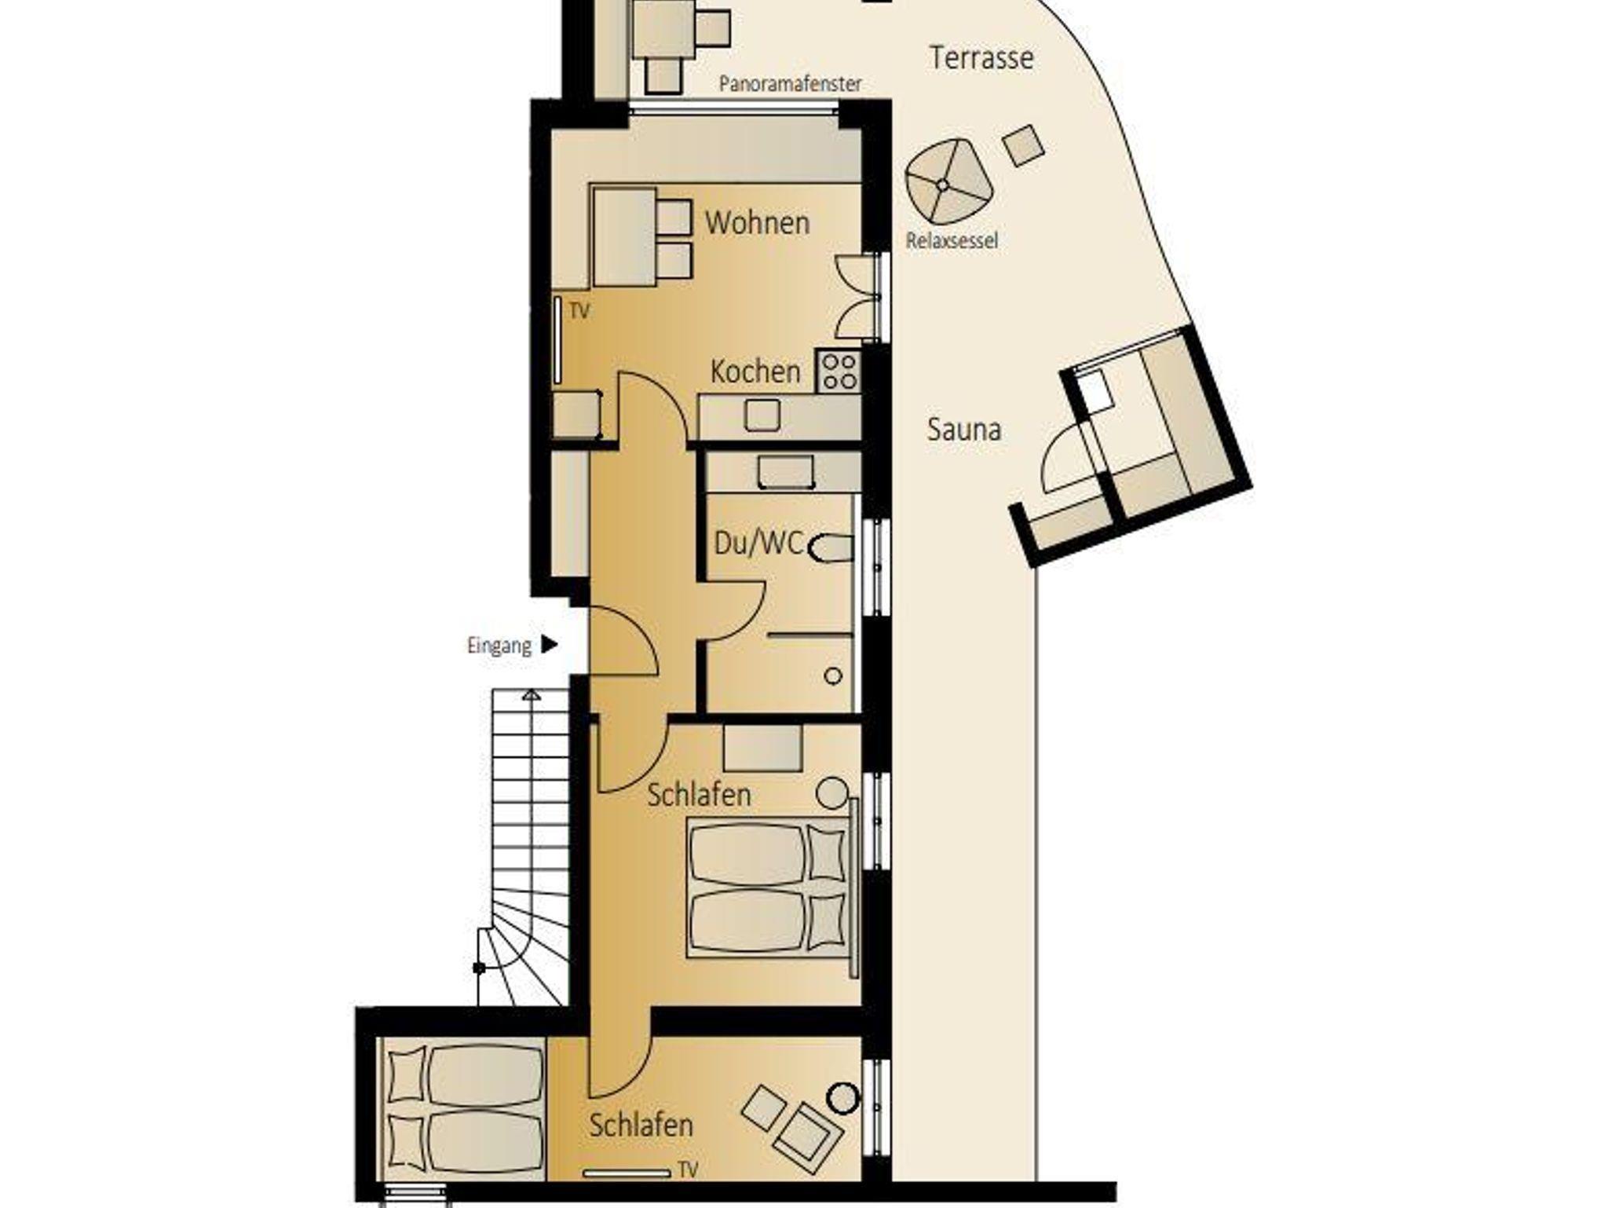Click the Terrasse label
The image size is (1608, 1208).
coord(981,58)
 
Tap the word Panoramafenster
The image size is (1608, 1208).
coord(790,83)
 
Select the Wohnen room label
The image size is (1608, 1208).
coord(757,223)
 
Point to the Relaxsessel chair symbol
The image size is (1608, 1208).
coord(948,181)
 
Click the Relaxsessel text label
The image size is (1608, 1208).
coord(952,240)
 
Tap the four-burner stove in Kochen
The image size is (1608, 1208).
coord(839,372)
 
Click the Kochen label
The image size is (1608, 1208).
coord(755,372)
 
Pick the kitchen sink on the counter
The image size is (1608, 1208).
coord(762,415)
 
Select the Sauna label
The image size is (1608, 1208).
coord(964,430)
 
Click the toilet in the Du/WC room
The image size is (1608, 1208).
coord(830,548)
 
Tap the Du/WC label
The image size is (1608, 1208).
coord(758,543)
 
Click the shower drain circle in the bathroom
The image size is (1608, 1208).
coord(833,675)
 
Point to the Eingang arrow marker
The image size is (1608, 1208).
coord(550,645)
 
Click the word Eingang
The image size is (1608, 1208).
coord(499,646)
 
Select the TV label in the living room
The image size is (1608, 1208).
coord(579,311)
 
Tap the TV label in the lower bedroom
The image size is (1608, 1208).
coord(688,1170)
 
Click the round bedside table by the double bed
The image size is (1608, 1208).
coord(831,793)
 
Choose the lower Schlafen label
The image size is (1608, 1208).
coord(641,1126)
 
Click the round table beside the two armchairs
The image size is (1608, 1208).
coord(843,1098)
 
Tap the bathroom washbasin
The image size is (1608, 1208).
coord(785,473)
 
